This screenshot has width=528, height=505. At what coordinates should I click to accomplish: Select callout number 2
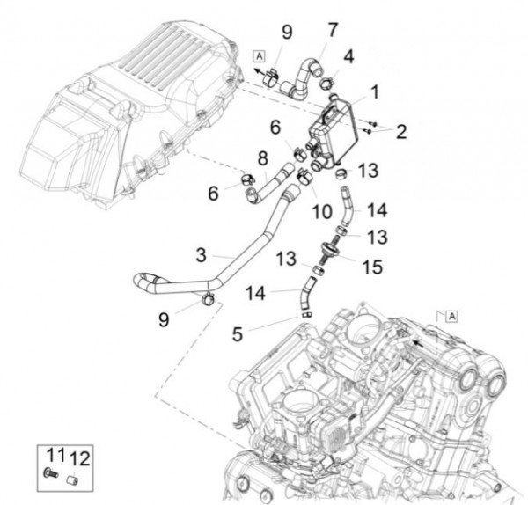400,132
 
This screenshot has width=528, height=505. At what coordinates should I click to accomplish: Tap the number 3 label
202,255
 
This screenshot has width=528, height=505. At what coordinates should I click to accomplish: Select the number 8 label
262,158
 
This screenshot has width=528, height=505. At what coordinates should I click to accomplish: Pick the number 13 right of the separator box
369,170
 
